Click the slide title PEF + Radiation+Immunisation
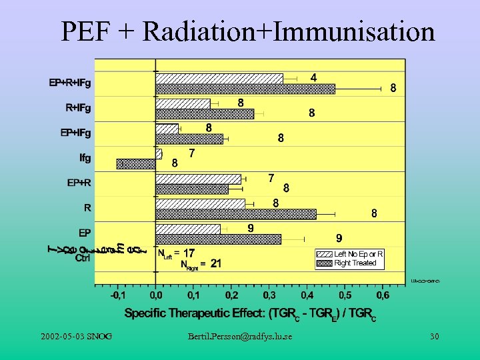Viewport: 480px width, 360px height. tap(247, 31)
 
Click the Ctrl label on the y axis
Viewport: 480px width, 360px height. tap(83, 257)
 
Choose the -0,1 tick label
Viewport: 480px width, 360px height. tap(116, 294)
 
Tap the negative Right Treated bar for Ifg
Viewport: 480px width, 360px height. tap(136, 164)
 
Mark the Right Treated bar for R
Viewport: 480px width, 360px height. tap(236, 214)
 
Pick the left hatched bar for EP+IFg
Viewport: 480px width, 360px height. tap(167, 129)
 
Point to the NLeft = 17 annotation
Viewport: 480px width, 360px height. tap(177, 253)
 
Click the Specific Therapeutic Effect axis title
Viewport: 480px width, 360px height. tap(251, 313)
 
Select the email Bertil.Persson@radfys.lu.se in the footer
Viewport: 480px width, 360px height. tap(240, 337)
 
